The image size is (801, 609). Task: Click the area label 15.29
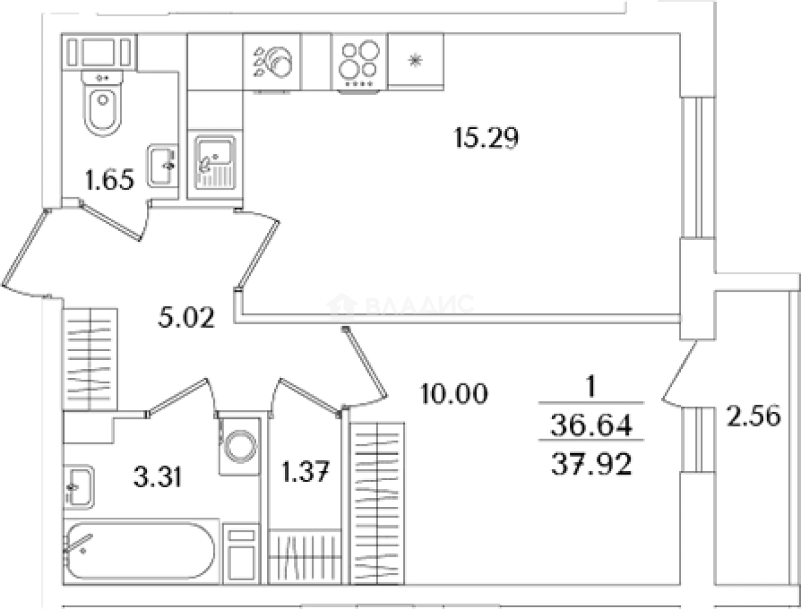[487, 137]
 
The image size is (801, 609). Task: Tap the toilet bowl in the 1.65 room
[103, 103]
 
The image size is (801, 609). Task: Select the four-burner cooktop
[360, 63]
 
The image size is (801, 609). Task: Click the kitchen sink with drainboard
[215, 163]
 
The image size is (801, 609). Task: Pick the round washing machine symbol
[240, 446]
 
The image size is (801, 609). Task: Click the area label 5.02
[186, 318]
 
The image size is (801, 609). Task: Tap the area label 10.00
[454, 393]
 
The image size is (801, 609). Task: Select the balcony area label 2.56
[754, 416]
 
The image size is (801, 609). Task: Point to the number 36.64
[591, 426]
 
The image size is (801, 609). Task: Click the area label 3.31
[158, 477]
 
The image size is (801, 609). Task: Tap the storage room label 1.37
[306, 472]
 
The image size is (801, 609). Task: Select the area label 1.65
[109, 180]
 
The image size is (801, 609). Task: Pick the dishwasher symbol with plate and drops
[272, 63]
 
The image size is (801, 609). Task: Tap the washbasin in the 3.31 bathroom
[79, 486]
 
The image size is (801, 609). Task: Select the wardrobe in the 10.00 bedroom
[378, 504]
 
